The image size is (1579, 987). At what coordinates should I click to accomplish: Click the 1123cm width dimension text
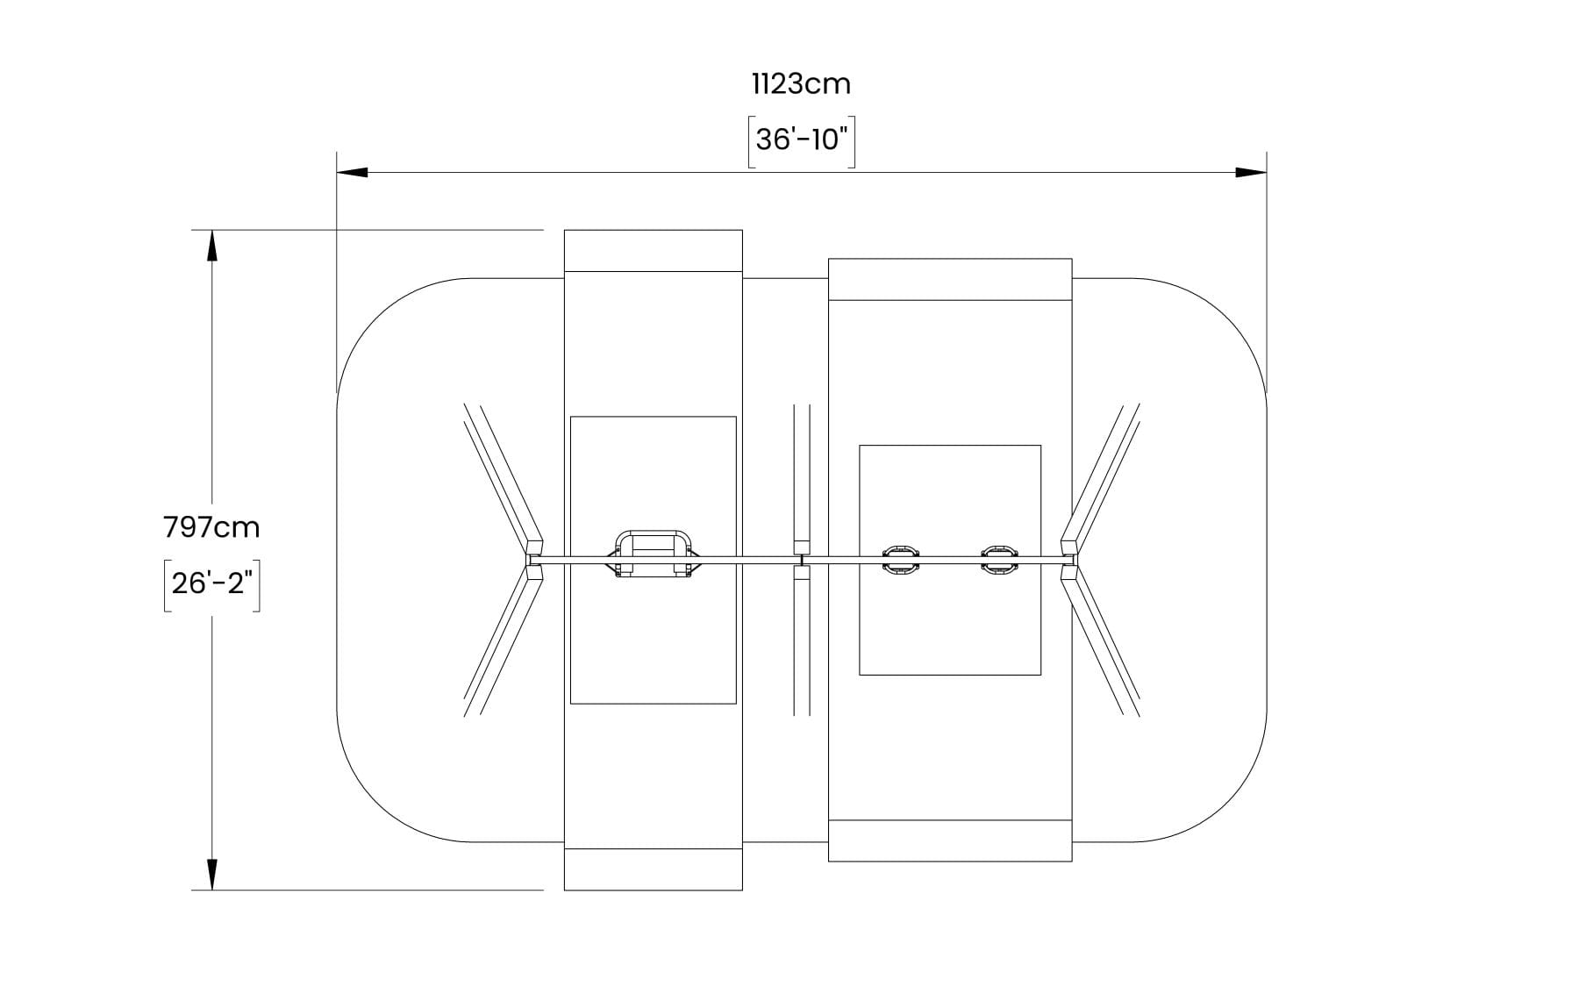801,84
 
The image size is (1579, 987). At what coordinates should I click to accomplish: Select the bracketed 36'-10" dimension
801,140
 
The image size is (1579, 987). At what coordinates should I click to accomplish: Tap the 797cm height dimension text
211,527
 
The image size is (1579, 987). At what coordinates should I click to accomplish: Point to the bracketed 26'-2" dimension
211,584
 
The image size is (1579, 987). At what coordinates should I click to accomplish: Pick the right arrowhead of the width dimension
1251,172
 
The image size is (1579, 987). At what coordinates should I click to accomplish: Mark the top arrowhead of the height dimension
211,246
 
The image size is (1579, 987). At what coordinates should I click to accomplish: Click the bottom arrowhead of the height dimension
211,875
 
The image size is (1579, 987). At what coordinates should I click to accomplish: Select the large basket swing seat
653,554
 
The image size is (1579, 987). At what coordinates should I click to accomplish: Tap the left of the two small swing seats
900,559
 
